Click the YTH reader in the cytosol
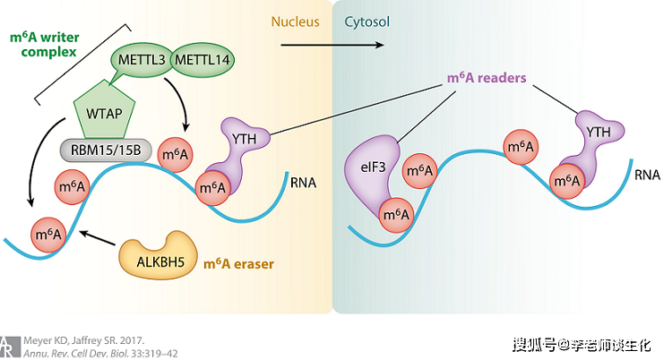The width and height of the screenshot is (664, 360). pos(598,133)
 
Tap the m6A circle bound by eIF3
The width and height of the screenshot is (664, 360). pos(394,215)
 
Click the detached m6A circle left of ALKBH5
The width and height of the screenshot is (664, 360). pos(49,236)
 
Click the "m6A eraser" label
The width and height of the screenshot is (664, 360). pos(237,263)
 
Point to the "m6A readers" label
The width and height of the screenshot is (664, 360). pos(487,78)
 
